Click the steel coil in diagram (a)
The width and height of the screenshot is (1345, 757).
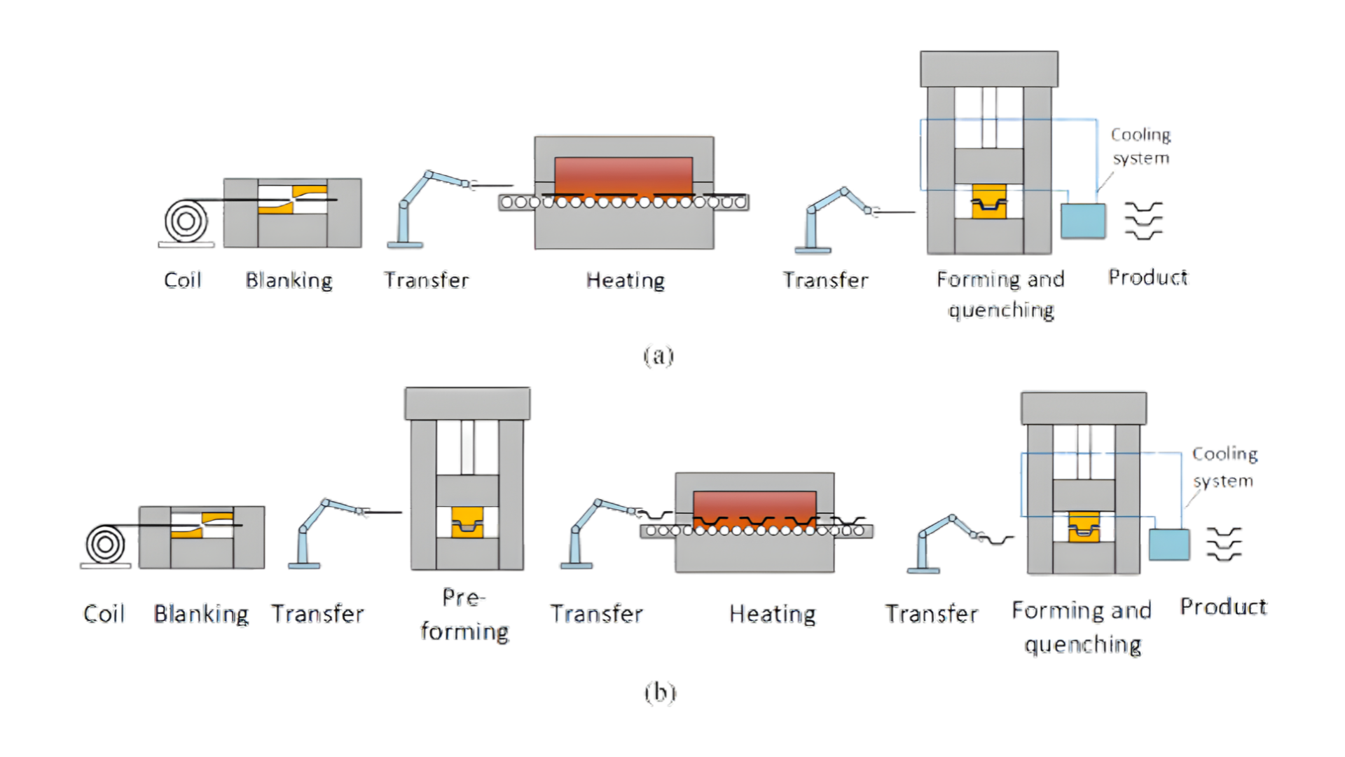186,221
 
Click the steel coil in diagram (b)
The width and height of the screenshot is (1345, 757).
105,545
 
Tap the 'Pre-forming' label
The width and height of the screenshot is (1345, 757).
464,615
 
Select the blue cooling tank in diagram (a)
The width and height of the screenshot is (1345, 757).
1083,221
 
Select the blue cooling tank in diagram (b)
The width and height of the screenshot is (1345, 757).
1169,545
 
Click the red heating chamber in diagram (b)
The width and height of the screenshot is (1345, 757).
754,506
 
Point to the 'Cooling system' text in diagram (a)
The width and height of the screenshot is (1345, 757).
1140,146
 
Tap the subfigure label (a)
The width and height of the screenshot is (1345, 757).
658,356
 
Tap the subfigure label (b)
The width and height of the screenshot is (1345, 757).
660,693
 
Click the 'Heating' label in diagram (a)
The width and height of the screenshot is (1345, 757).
625,280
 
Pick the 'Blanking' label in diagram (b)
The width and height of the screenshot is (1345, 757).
201,614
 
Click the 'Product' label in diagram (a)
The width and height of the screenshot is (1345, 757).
1147,278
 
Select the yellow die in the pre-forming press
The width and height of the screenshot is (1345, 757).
467,522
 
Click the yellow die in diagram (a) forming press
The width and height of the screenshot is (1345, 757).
988,202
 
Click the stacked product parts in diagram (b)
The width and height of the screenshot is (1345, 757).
1224,544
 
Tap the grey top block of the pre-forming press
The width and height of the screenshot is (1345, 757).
467,404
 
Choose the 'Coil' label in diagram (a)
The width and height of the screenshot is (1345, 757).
183,280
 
